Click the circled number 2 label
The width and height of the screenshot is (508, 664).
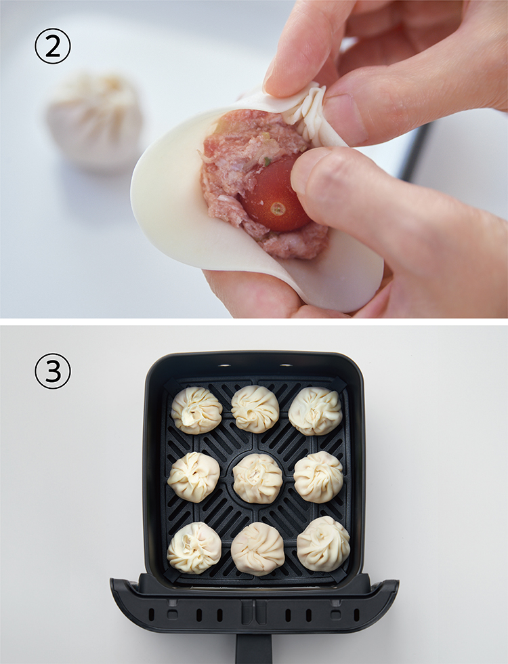tap(53, 46)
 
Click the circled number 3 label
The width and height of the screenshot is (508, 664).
tap(53, 371)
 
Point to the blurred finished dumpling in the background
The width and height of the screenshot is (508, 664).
tap(95, 121)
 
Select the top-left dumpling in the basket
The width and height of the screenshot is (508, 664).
tap(196, 410)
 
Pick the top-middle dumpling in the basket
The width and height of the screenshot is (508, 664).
tap(255, 409)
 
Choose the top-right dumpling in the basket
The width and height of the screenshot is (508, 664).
tap(315, 411)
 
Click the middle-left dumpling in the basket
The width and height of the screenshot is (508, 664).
tap(194, 477)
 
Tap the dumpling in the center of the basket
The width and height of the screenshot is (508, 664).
tap(257, 478)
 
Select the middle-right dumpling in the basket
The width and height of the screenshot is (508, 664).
tap(318, 477)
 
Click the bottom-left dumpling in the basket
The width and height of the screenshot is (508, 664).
tap(194, 547)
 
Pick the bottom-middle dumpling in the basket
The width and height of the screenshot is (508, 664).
tap(258, 548)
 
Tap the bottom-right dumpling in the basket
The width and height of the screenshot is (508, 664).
tap(324, 543)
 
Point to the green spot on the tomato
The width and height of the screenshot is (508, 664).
tap(278, 209)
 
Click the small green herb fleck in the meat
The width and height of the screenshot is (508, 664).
tap(267, 161)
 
